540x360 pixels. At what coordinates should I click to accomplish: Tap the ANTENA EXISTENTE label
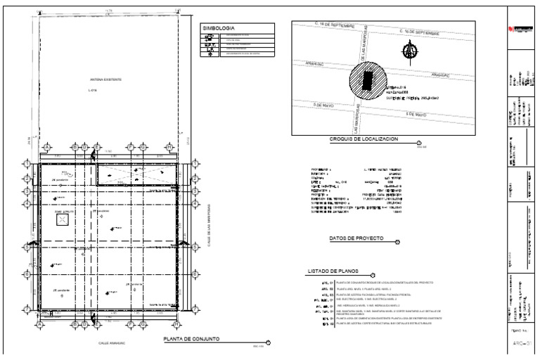click(105, 79)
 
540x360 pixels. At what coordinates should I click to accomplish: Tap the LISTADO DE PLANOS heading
click(335, 271)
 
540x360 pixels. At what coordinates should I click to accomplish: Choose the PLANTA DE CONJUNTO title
click(191, 340)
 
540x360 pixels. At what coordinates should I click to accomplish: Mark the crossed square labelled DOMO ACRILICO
click(63, 220)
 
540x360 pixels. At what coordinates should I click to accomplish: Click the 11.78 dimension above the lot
click(108, 10)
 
